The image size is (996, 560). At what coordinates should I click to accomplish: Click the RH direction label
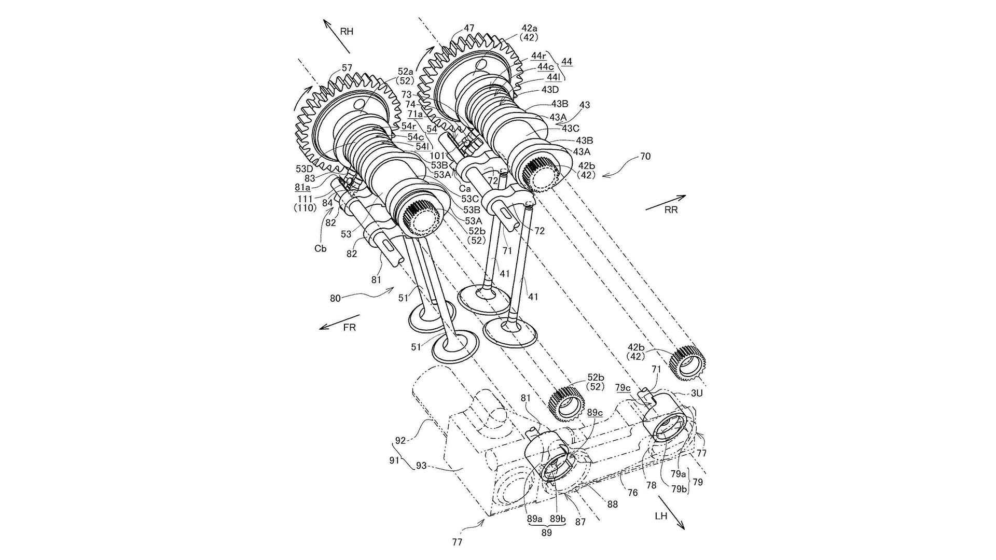(x=347, y=32)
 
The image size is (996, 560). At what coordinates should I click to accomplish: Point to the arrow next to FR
(x=339, y=322)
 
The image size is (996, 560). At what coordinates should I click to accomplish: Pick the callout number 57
(x=347, y=68)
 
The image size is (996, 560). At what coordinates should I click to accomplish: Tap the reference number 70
(x=645, y=156)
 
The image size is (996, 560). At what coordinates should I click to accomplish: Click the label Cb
(x=321, y=248)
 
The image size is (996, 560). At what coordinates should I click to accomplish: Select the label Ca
(x=465, y=189)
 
